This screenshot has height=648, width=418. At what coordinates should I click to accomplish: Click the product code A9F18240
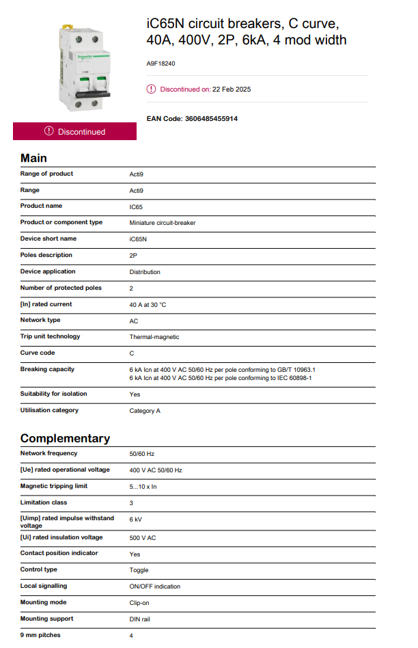161,64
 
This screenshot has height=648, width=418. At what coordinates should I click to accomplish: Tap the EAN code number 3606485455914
212,118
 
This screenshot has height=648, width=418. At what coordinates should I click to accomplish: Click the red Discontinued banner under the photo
74,131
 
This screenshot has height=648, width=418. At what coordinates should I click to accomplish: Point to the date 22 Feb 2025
232,89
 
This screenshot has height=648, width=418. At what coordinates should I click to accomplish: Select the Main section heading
33,158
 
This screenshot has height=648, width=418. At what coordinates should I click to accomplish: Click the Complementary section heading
65,438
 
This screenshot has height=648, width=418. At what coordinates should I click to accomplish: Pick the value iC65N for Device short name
138,239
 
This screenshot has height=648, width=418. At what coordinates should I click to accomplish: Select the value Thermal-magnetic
154,337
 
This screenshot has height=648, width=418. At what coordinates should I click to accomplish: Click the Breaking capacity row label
47,369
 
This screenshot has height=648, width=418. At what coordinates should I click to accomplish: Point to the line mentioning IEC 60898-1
221,377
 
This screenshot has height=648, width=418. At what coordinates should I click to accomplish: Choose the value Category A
145,411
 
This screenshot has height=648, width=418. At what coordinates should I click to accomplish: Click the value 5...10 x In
143,487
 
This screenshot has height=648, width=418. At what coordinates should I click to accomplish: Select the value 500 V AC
143,538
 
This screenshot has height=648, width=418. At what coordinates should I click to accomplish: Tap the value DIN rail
139,619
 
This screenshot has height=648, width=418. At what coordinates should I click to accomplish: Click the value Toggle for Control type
139,570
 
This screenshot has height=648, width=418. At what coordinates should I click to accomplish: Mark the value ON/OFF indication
155,586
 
